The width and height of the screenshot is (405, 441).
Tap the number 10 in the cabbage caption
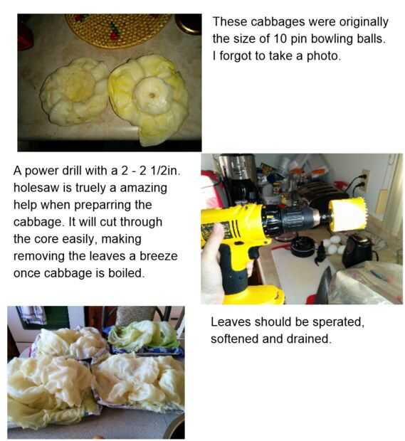click(x=280, y=38)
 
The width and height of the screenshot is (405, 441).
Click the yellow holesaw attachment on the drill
click(x=347, y=214)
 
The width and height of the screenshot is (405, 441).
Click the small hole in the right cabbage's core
click(x=152, y=95)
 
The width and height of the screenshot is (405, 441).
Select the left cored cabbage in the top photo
click(x=74, y=92)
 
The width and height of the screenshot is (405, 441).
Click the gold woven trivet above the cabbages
click(x=118, y=29)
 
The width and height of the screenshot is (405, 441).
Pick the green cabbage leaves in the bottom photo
click(x=144, y=335)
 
